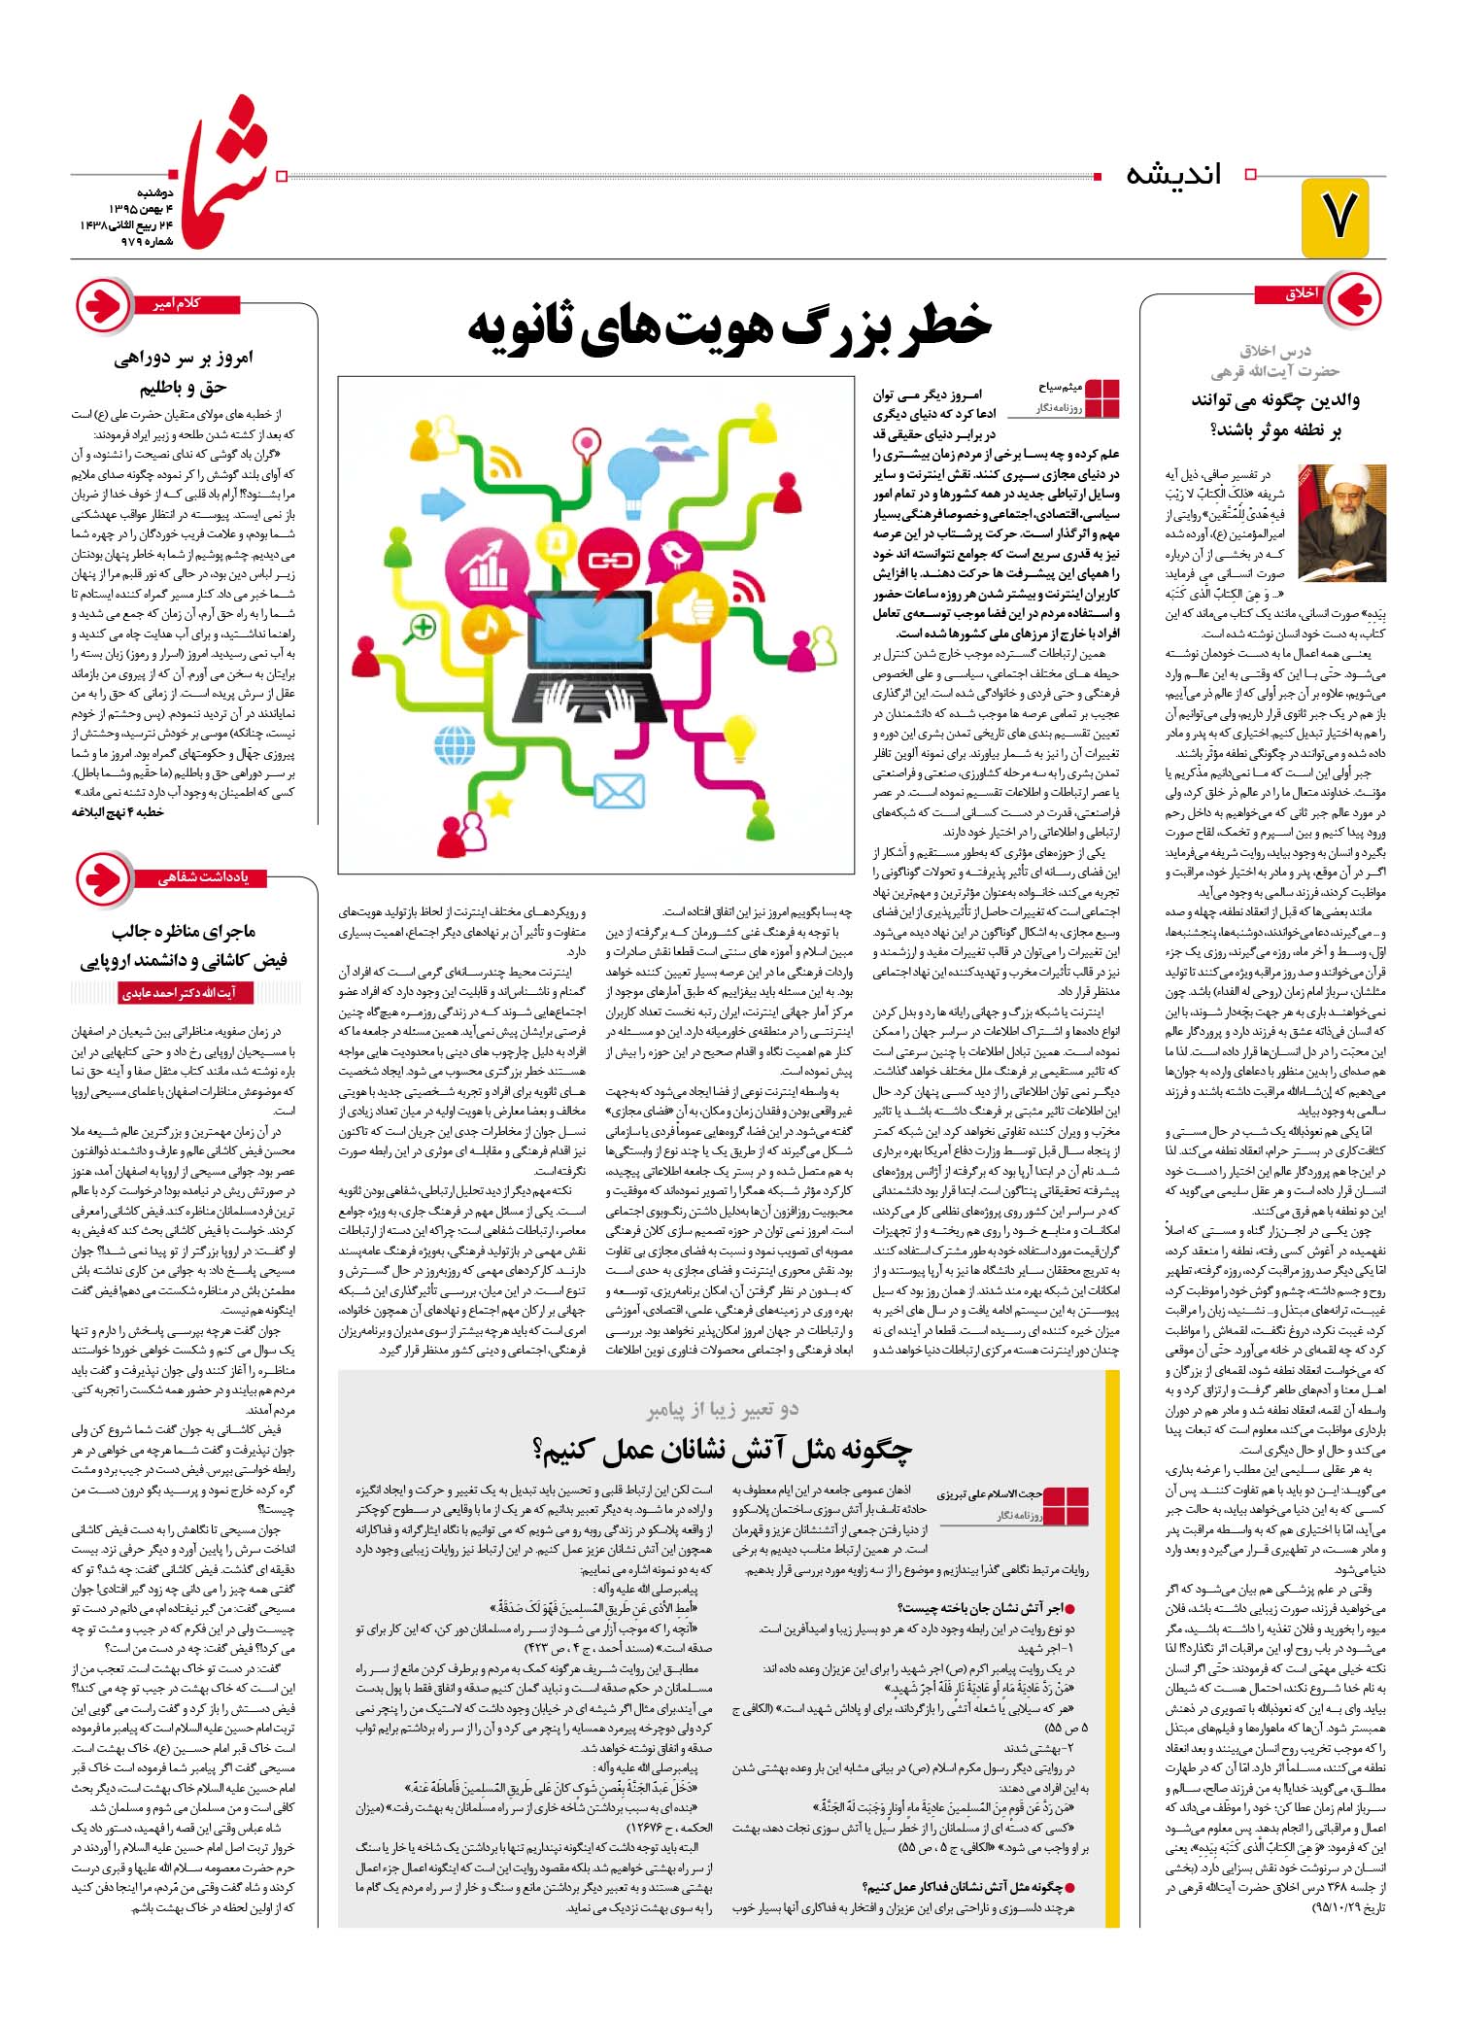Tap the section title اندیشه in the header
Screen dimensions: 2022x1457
pyautogui.click(x=1173, y=175)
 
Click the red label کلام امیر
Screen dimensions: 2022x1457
pyautogui.click(x=177, y=304)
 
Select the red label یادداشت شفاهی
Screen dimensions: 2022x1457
pyautogui.click(x=204, y=878)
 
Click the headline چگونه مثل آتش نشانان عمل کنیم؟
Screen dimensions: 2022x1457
pyautogui.click(x=723, y=1451)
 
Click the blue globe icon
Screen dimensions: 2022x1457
pyautogui.click(x=454, y=746)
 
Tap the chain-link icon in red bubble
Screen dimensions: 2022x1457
pyautogui.click(x=610, y=560)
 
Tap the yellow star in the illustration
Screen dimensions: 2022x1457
pyautogui.click(x=499, y=802)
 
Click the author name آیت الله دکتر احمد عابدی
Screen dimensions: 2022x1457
pyautogui.click(x=179, y=993)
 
